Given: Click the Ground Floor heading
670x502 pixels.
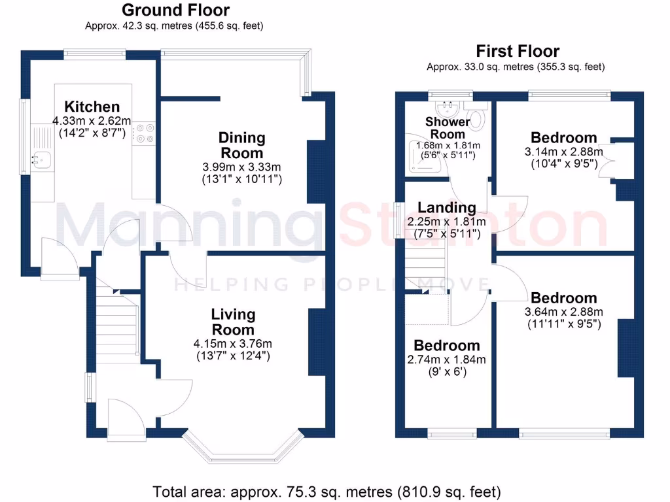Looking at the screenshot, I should [x=176, y=10].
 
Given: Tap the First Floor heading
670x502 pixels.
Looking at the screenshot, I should [x=518, y=51].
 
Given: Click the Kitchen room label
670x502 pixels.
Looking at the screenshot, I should [x=92, y=107].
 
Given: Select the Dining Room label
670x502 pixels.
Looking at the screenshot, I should [x=242, y=145].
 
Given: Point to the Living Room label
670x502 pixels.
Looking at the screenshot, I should [x=233, y=322].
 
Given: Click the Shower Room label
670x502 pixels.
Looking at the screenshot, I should [x=448, y=127].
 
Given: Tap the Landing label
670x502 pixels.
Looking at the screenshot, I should [x=447, y=208].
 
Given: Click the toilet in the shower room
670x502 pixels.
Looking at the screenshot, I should [x=478, y=119].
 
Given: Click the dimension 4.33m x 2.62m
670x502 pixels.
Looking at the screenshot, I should [x=92, y=121].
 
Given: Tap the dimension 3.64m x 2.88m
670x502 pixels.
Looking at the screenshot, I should [x=563, y=312].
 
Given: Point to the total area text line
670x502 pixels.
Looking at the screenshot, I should [x=326, y=491].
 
